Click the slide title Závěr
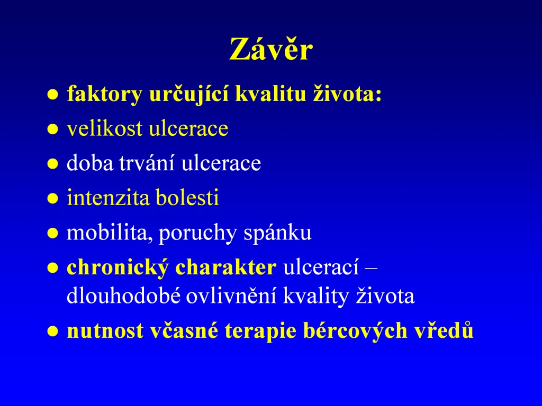(x=271, y=49)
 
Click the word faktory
(x=104, y=94)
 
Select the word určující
(x=189, y=94)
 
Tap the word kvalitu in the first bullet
(x=270, y=94)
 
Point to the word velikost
(x=104, y=128)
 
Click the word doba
(x=90, y=163)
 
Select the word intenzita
(x=108, y=198)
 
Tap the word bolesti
(x=187, y=198)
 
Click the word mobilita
(x=109, y=233)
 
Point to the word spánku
(x=277, y=233)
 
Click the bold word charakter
(x=226, y=267)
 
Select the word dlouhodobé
(x=123, y=296)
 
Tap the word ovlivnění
(x=231, y=296)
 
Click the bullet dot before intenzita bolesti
(x=52, y=199)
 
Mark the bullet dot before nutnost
(x=52, y=331)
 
